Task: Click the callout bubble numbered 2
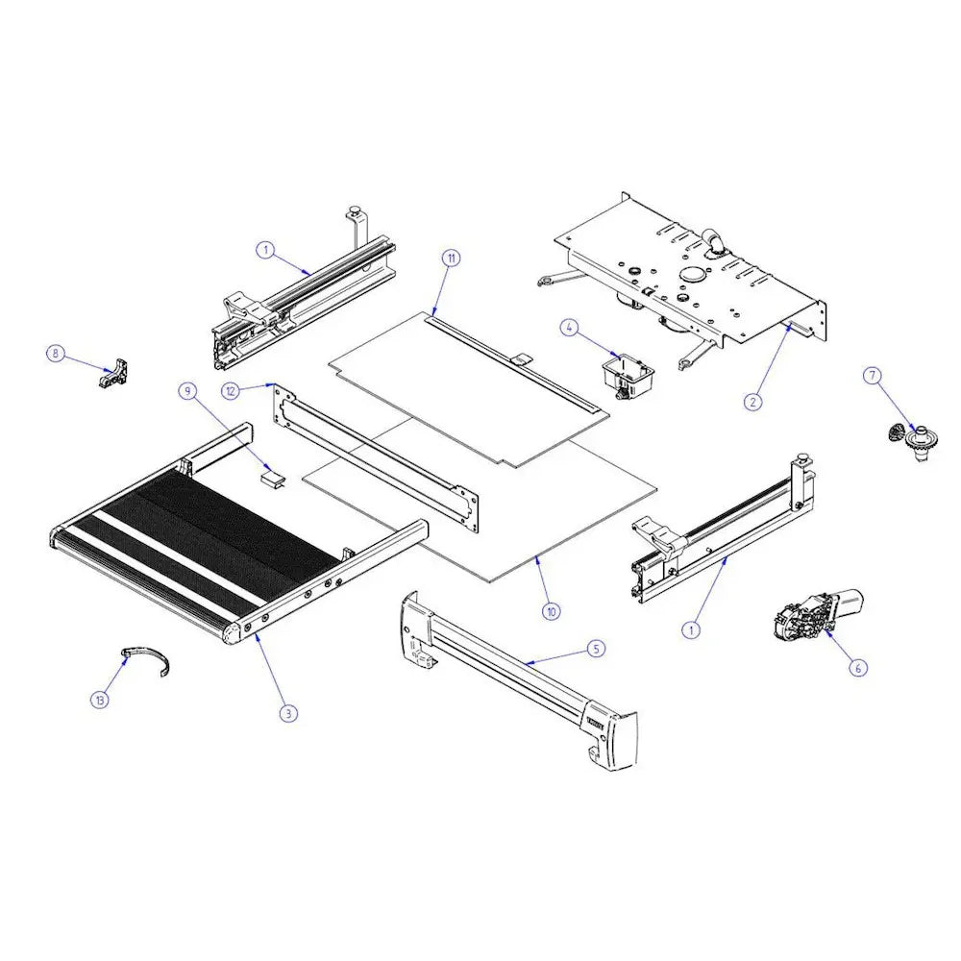point(753,402)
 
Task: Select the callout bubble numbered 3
point(286,713)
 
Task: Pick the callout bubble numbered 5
point(596,650)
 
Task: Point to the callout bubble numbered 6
point(858,664)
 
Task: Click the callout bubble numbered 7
point(873,376)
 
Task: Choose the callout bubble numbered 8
point(55,354)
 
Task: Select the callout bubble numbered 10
point(551,610)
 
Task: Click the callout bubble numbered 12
point(229,390)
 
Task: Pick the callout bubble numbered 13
point(99,700)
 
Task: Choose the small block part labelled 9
point(275,478)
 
